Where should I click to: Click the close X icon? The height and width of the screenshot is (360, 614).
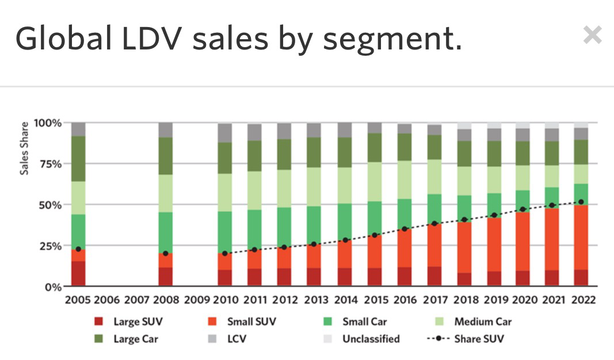click(x=592, y=36)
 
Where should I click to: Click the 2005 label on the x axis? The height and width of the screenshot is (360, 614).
click(x=78, y=300)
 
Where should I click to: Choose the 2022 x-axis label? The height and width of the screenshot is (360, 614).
click(x=581, y=300)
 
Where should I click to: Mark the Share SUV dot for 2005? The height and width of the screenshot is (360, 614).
click(x=78, y=249)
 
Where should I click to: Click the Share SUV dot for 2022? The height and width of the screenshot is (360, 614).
click(x=581, y=202)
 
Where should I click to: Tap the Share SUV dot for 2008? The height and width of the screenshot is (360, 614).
click(x=166, y=253)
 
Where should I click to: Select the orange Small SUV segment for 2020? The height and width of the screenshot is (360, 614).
click(x=523, y=242)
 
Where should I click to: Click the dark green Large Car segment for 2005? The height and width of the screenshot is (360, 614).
click(x=78, y=159)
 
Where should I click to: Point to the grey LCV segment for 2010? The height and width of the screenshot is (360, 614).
click(x=225, y=133)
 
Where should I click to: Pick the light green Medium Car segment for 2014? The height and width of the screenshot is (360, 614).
click(x=345, y=185)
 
